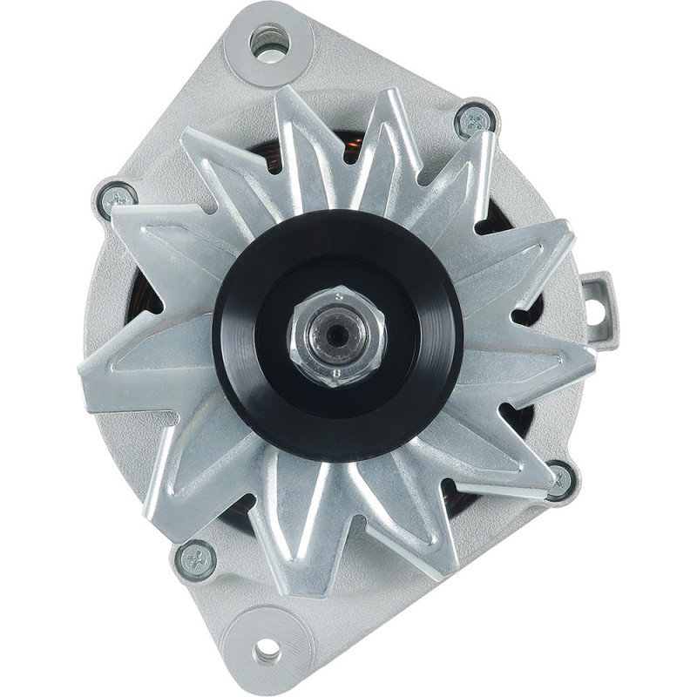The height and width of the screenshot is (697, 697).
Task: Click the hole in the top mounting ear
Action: tap(268, 39)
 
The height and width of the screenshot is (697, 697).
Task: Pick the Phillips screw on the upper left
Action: tap(116, 200)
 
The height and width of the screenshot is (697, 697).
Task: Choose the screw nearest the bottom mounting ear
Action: tap(195, 558)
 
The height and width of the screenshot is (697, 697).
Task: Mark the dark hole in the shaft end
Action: tap(336, 335)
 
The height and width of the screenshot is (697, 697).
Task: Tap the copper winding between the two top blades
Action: tap(348, 144)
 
